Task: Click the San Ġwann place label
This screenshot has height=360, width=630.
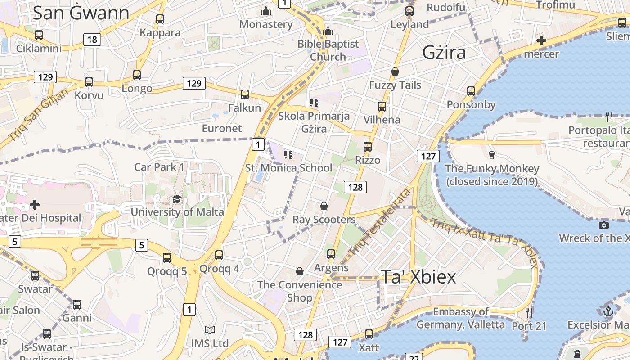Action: tap(81, 13)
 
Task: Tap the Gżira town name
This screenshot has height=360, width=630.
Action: tap(444, 53)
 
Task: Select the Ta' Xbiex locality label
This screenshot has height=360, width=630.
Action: tap(418, 277)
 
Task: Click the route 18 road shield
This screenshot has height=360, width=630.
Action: tap(92, 40)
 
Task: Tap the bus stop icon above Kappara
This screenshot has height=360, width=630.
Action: tap(160, 19)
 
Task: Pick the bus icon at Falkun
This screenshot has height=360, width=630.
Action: tap(245, 94)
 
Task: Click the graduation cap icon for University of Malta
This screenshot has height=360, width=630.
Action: tap(177, 199)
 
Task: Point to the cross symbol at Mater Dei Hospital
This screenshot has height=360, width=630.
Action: tap(35, 205)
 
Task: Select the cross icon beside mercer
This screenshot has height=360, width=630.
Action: tap(541, 41)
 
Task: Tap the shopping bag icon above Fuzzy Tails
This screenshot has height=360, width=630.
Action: tap(395, 72)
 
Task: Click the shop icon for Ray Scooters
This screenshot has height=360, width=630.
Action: tap(324, 206)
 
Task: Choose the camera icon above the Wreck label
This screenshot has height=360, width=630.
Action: tap(604, 225)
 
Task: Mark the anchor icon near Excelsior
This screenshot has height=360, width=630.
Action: tap(608, 311)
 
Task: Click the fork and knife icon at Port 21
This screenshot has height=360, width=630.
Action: tap(529, 312)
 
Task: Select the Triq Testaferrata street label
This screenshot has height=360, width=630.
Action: tap(380, 222)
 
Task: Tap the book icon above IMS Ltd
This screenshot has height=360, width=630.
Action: tap(209, 330)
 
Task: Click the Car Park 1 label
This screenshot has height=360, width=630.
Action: tap(159, 167)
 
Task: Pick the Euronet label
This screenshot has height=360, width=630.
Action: tap(222, 128)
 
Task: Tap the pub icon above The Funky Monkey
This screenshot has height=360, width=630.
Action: tap(492, 155)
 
